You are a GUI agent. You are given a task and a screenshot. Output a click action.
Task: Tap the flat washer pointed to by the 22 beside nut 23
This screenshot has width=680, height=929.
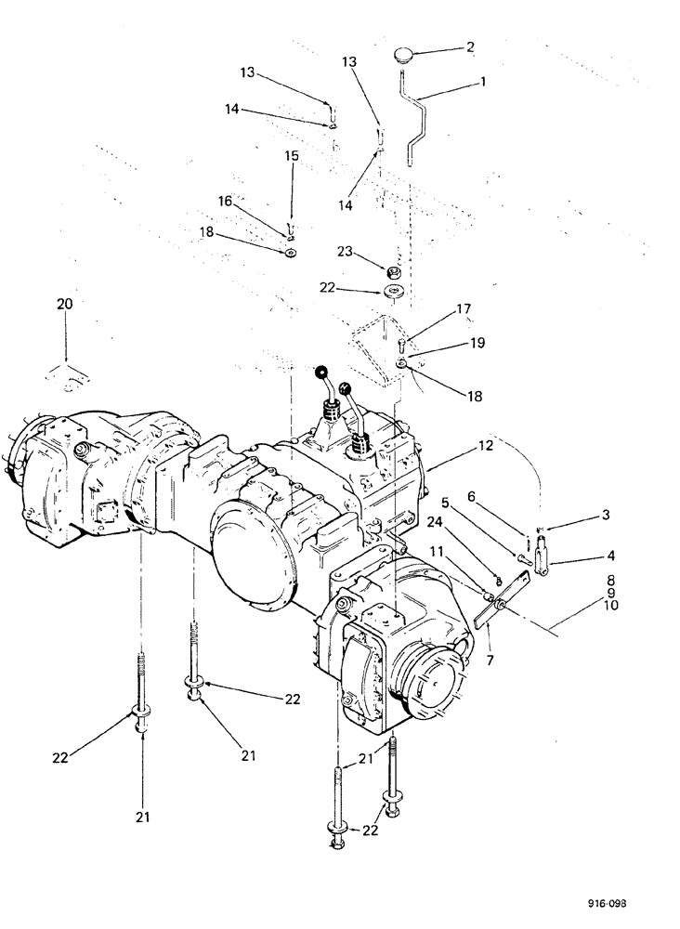point(394,293)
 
